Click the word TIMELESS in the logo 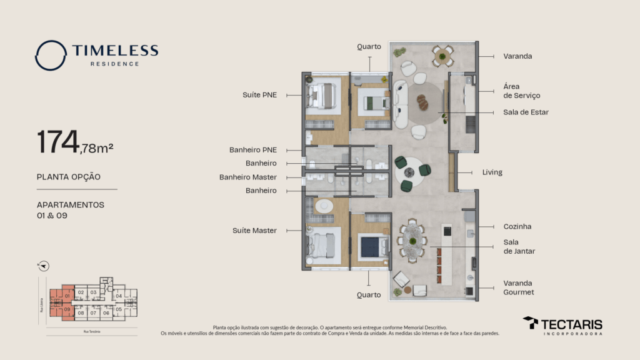[114, 51]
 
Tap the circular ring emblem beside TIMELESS [51, 56]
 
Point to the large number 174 [57, 142]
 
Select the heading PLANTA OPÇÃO [69, 177]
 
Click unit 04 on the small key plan [119, 296]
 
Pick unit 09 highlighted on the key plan [67, 309]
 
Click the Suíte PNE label [259, 95]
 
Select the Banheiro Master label [247, 177]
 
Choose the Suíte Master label [254, 231]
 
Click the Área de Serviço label [521, 91]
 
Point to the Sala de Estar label [526, 112]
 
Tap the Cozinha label [517, 226]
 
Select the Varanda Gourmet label [519, 287]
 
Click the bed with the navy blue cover [374, 246]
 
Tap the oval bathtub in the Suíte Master [324, 206]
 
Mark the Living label [492, 172]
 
